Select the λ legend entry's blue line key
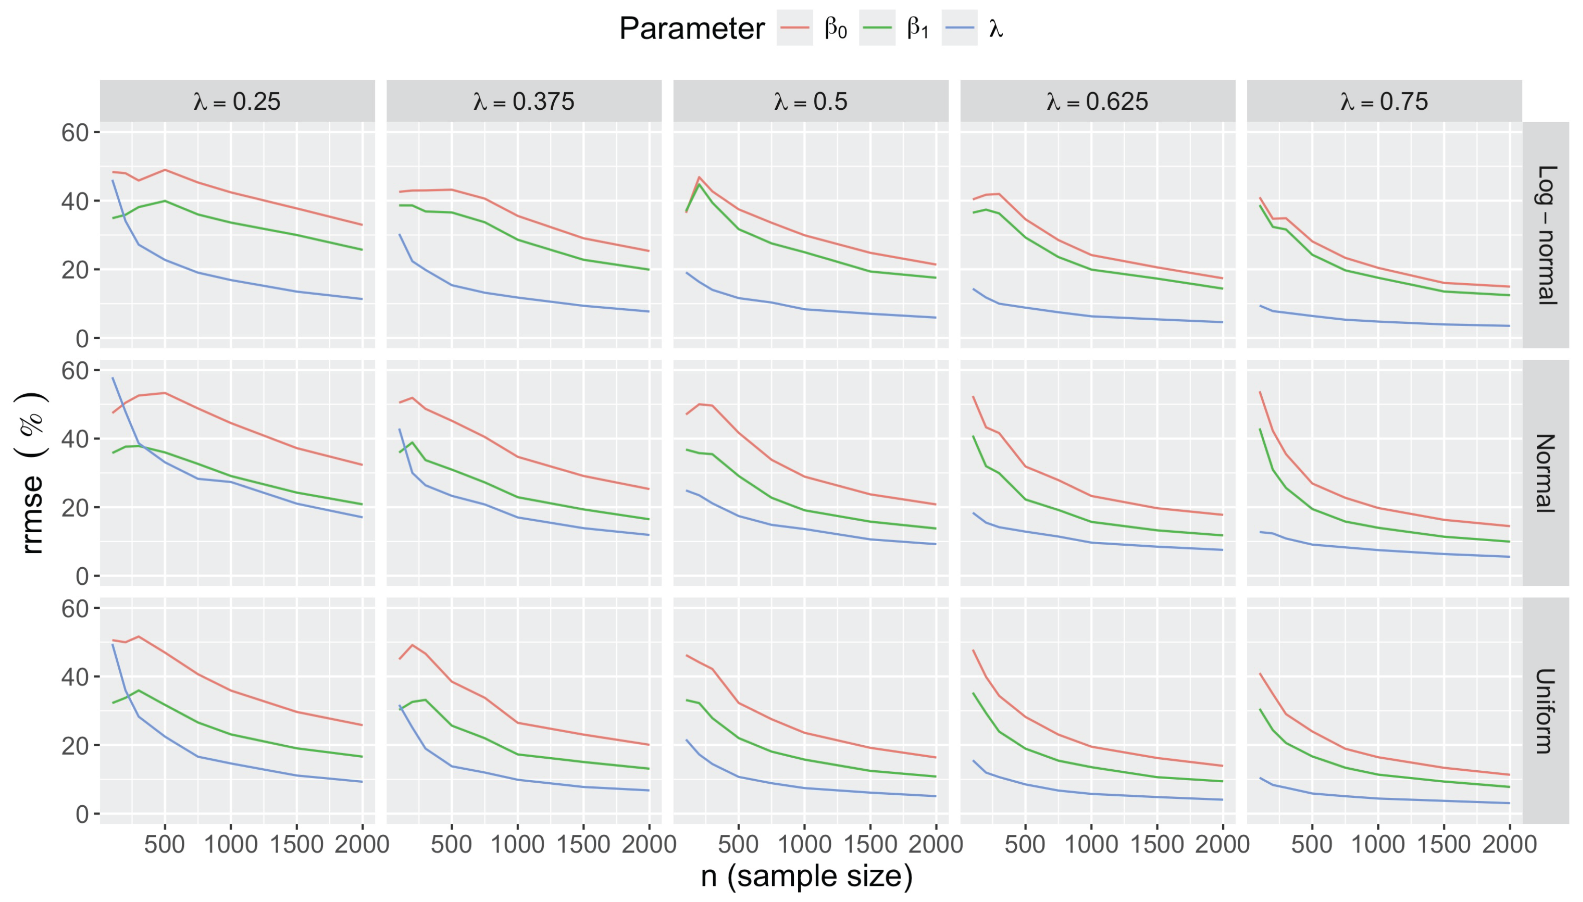coord(959,29)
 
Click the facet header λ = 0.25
coord(237,101)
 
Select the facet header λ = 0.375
coord(524,101)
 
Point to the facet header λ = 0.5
coord(811,101)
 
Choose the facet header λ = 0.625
coord(1097,101)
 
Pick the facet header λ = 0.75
coord(1384,101)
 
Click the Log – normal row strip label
coord(1546,235)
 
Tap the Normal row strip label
coord(1546,473)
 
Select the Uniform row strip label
coord(1546,711)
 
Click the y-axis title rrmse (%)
coord(32,473)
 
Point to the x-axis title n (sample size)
coord(807,876)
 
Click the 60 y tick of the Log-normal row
coord(75,133)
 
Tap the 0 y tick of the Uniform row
coord(82,814)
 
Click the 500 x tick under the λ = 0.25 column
coord(165,844)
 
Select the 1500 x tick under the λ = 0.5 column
coord(870,844)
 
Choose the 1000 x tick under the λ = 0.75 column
coord(1378,844)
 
